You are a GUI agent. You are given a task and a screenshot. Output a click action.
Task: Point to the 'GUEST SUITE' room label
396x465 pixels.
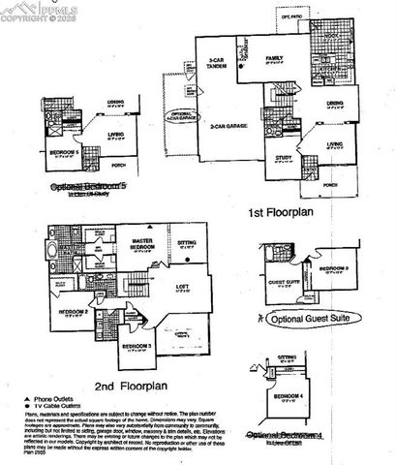(x=280, y=283)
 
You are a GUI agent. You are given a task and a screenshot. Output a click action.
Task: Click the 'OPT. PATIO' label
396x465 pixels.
(x=291, y=16)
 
